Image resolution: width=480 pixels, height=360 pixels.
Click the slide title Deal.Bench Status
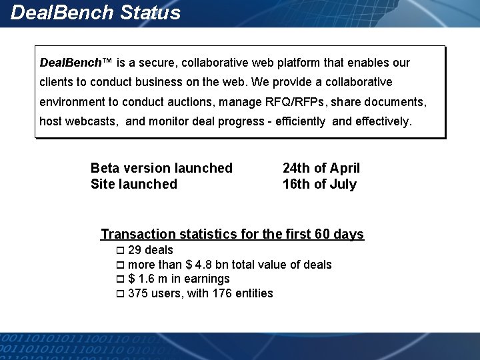96,13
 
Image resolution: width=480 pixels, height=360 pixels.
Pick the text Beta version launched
161,168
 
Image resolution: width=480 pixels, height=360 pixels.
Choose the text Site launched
133,184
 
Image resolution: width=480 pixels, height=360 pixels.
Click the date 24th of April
321,168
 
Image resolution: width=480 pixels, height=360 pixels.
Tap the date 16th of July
319,184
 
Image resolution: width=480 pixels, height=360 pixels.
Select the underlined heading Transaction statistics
232,234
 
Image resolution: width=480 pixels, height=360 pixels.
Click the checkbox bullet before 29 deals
120,251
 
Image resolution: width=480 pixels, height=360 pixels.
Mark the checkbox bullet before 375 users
120,294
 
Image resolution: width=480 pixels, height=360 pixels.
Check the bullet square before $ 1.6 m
120,279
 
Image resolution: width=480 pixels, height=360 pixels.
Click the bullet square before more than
120,265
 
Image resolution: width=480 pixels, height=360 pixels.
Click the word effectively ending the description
381,121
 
